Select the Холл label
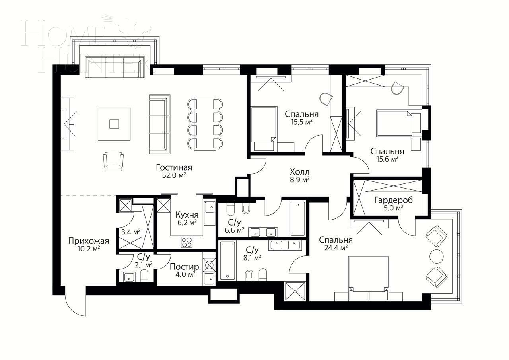(299, 172)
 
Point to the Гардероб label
(393, 200)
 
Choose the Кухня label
(187, 215)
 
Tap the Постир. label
(182, 267)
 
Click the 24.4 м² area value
(335, 247)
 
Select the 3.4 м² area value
(131, 232)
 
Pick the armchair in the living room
(113, 161)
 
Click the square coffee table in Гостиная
(114, 124)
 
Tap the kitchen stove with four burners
(187, 241)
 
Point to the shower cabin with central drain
(295, 291)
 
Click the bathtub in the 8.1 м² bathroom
(227, 261)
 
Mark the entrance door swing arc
(74, 306)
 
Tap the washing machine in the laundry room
(209, 265)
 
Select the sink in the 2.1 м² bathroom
(129, 277)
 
